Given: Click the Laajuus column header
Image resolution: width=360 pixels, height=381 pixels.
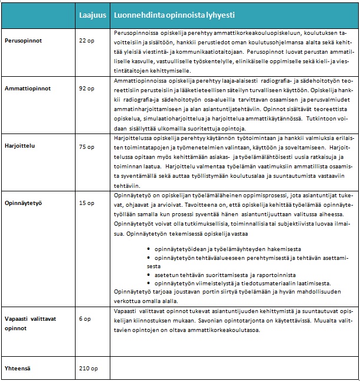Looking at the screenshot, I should (92, 14).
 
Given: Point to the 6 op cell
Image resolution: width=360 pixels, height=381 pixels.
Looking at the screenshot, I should (84, 319).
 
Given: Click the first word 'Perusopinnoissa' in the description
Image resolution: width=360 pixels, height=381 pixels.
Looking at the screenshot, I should (133, 32).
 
